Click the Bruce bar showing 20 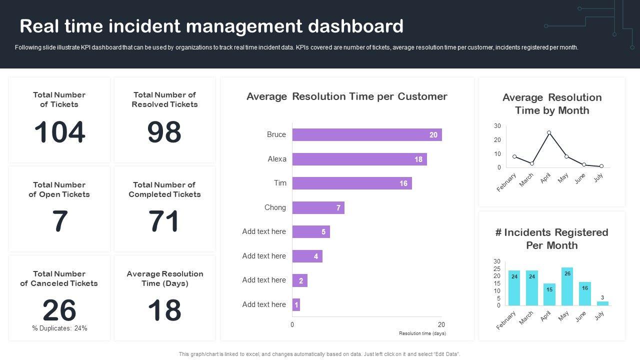pyautogui.click(x=366, y=134)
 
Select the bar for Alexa pyautogui.click(x=359, y=159)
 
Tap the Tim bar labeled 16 pyautogui.click(x=351, y=183)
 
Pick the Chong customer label pyautogui.click(x=275, y=207)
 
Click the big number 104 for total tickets pyautogui.click(x=59, y=132)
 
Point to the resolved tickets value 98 pyautogui.click(x=164, y=132)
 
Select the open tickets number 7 pyautogui.click(x=59, y=221)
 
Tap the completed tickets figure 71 pyautogui.click(x=164, y=221)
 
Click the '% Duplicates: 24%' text pyautogui.click(x=59, y=328)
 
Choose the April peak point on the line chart pyautogui.click(x=549, y=132)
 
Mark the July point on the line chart pyautogui.click(x=601, y=166)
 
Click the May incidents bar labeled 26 pyautogui.click(x=567, y=286)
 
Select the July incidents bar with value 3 pyautogui.click(x=602, y=303)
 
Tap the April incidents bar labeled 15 pyautogui.click(x=549, y=294)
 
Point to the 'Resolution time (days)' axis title pyautogui.click(x=422, y=333)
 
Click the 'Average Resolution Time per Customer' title pyautogui.click(x=346, y=96)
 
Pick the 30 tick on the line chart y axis pyautogui.click(x=497, y=125)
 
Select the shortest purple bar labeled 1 pyautogui.click(x=296, y=304)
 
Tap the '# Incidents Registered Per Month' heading pyautogui.click(x=551, y=239)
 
